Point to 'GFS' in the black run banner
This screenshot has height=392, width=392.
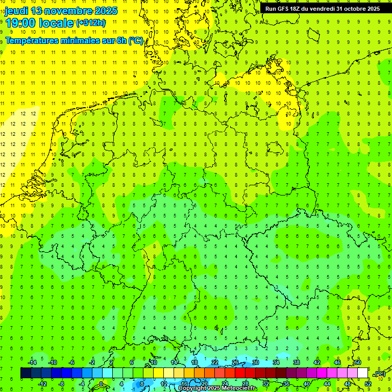click(285, 9)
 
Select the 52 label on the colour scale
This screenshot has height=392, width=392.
click(367, 384)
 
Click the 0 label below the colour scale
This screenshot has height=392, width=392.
click(101, 384)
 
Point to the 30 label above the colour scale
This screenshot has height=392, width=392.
click(256, 362)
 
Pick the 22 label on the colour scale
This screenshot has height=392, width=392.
click(215, 362)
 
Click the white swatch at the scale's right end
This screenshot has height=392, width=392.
click(362, 373)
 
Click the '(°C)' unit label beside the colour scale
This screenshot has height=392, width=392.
click(380, 374)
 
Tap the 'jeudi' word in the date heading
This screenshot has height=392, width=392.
click(16, 11)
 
